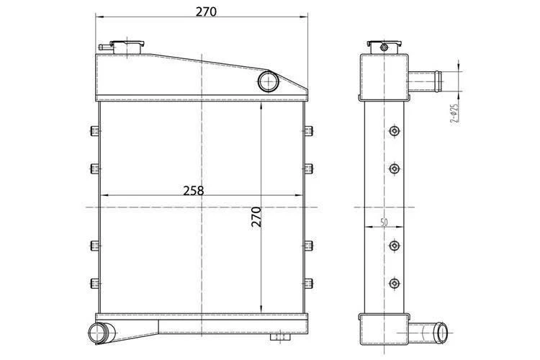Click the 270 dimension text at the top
coord(205,12)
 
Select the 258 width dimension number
coord(193,191)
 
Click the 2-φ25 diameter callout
coord(454,114)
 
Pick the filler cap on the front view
coord(124,47)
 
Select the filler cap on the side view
coord(383,47)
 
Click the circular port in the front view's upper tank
coord(268,80)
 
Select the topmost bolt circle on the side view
coord(393,131)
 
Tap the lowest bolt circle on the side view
coord(393,283)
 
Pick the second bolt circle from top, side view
coord(393,168)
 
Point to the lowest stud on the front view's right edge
coord(309,282)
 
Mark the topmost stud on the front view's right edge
coord(309,131)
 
